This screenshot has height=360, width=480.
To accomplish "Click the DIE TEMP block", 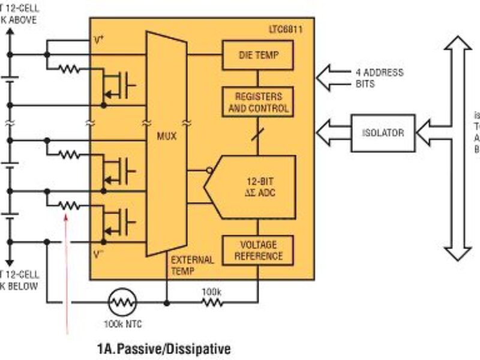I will pos(258,56).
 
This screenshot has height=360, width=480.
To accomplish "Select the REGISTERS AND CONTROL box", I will pos(258,103).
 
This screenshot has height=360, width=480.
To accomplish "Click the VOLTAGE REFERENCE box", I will pos(258,250).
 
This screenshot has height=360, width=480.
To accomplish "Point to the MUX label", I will pos(166,137).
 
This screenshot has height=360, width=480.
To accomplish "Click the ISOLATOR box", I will pos(382,133).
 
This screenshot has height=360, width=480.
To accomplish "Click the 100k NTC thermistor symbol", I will pos(122,302).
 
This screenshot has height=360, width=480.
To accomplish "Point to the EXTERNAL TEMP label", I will pos(191,265).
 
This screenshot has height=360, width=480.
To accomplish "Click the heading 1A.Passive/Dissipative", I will pos(163,348).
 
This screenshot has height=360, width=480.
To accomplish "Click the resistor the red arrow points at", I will pos(69,205).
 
